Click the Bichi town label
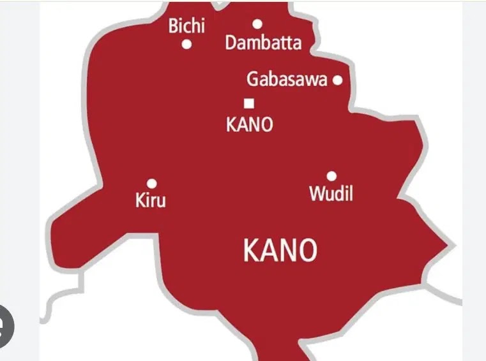pyautogui.click(x=186, y=26)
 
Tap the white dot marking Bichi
pyautogui.click(x=187, y=45)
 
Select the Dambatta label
pyautogui.click(x=263, y=44)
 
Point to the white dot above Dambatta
pyautogui.click(x=257, y=24)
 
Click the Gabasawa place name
pyautogui.click(x=287, y=80)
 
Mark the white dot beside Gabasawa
pyautogui.click(x=337, y=80)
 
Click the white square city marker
pyautogui.click(x=249, y=103)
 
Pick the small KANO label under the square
pyautogui.click(x=249, y=124)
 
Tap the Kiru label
pyautogui.click(x=151, y=200)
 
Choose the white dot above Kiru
pyautogui.click(x=151, y=184)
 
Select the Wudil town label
pyautogui.click(x=331, y=193)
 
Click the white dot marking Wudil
pyautogui.click(x=331, y=176)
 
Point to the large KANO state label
pyautogui.click(x=280, y=251)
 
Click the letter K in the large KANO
pyautogui.click(x=251, y=251)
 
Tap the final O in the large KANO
pyautogui.click(x=307, y=251)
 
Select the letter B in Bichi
pyautogui.click(x=173, y=26)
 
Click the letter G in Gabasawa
pyautogui.click(x=253, y=80)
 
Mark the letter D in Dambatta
pyautogui.click(x=231, y=44)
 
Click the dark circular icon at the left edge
pyautogui.click(x=5, y=326)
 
